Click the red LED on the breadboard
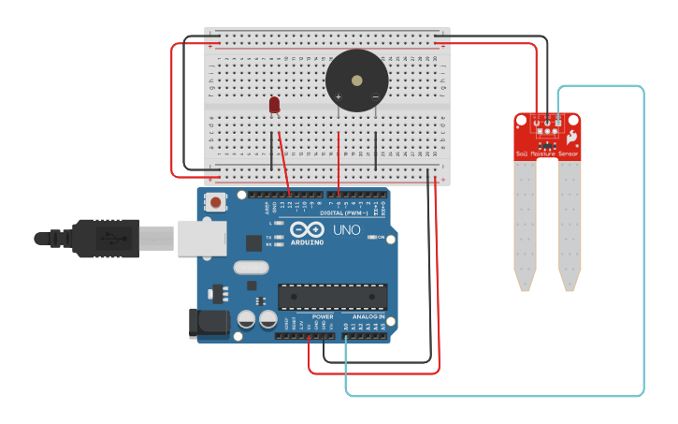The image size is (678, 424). pos(274,105)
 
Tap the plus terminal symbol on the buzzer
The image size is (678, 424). pos(339,96)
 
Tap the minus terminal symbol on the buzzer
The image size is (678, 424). pos(375,96)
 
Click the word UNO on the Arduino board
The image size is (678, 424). pos(347,230)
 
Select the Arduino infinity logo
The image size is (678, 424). pos(307,229)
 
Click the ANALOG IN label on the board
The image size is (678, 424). pos(368,317)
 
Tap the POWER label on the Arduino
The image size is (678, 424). pos(323,317)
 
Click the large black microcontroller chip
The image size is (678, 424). pos(332,297)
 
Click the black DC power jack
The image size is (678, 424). pos(208,323)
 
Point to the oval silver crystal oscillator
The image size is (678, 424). pos(251,268)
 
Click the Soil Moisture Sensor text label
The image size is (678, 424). pos(548,153)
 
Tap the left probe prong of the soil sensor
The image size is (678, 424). pos(525,225)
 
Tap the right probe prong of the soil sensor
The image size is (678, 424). pos(570,225)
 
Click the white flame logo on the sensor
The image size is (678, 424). pos(571,137)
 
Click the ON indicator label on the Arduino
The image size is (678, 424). pos(381,238)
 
